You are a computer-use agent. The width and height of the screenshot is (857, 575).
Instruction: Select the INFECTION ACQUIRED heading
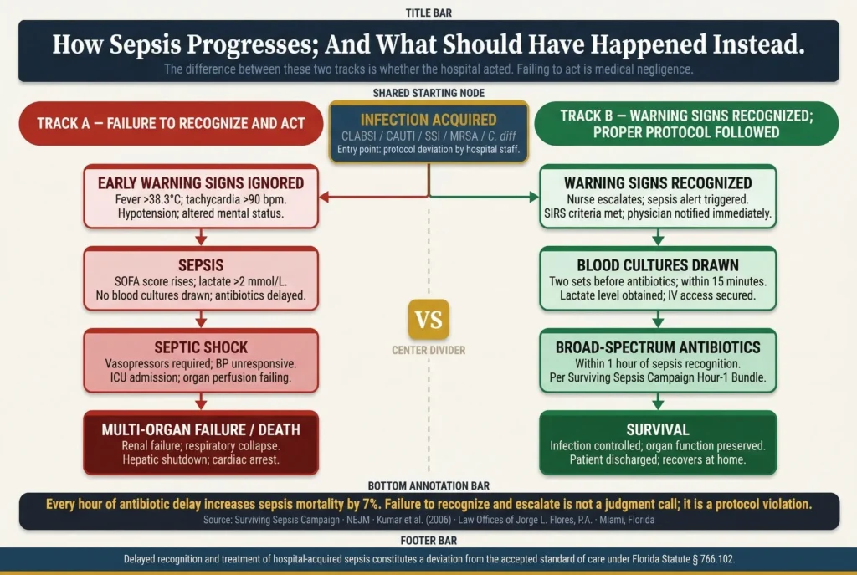click(428, 120)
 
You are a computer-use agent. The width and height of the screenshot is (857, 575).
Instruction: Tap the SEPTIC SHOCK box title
click(201, 346)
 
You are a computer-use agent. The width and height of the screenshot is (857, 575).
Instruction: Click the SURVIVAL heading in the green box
click(658, 429)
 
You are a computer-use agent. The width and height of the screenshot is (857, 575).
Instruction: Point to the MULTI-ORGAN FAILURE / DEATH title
click(201, 429)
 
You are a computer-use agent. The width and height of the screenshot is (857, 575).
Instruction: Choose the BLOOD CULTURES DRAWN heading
click(658, 265)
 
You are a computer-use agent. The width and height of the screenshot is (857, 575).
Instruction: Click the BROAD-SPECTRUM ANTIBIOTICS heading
click(658, 347)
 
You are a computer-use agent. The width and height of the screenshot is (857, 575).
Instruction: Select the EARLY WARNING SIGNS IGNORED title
click(201, 183)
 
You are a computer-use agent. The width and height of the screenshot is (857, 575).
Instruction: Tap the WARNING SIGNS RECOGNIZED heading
click(658, 182)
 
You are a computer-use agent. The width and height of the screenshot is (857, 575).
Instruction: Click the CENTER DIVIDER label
click(428, 351)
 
